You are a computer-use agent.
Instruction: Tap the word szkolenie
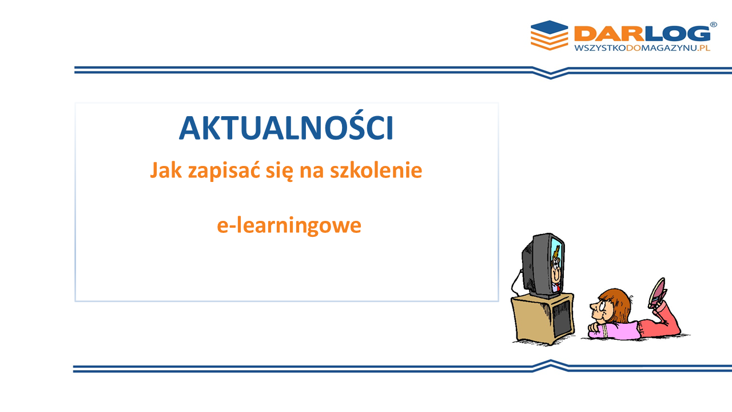click(x=376, y=170)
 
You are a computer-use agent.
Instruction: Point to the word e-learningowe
click(x=289, y=225)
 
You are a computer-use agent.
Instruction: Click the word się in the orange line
click(x=280, y=171)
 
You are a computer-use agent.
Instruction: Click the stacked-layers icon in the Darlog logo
click(x=550, y=35)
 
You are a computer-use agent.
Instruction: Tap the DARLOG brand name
click(x=642, y=34)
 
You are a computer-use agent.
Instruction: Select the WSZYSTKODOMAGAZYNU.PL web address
click(x=642, y=48)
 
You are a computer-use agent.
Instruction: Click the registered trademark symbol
click(x=713, y=25)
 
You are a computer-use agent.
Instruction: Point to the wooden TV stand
click(x=543, y=319)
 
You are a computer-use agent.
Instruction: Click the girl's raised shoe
click(x=657, y=292)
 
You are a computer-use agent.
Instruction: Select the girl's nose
click(x=592, y=306)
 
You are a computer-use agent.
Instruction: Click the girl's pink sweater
click(x=614, y=330)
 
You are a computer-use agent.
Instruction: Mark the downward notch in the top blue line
click(x=551, y=74)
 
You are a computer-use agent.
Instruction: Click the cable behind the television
click(x=516, y=283)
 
